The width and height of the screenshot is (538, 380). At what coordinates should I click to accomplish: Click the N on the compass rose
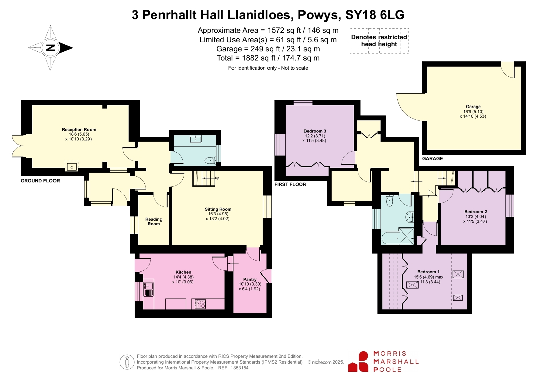[x=50, y=48]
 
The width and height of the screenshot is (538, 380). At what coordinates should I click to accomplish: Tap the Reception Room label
[x=79, y=130]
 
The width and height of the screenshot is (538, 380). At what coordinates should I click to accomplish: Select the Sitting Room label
[x=218, y=209]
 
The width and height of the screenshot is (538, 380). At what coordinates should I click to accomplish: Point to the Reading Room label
[x=154, y=221]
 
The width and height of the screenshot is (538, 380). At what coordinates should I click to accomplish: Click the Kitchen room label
[x=183, y=272]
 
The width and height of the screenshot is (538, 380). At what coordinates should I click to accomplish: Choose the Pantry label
[x=250, y=279]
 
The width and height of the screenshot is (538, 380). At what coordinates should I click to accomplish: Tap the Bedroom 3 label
[x=315, y=131]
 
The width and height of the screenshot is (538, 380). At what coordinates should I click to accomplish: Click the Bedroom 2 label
[x=475, y=212]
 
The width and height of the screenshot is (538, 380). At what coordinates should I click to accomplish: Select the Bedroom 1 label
[x=428, y=272]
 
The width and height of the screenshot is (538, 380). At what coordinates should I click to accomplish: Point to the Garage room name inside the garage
[x=473, y=107]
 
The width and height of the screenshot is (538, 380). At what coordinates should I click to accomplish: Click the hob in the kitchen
[x=200, y=304]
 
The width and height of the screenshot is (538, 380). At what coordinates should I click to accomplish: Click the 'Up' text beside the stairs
[x=217, y=178]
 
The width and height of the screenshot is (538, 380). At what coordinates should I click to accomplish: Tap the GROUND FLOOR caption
[x=40, y=181]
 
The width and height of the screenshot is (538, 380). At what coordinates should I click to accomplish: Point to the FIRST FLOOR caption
[x=290, y=184]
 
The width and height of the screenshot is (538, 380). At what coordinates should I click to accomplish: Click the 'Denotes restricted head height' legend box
[x=379, y=41]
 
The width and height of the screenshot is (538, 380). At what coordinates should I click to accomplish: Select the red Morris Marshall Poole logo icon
[x=358, y=362]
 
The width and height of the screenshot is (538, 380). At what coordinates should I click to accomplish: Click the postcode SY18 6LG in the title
[x=375, y=15]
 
